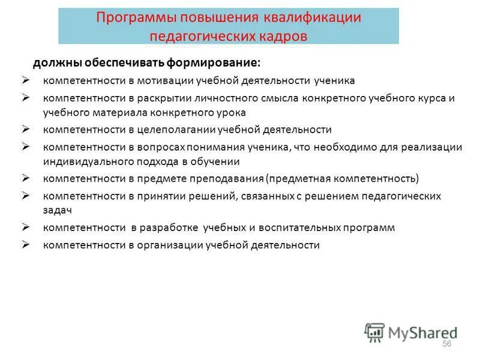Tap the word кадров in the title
click(x=280, y=35)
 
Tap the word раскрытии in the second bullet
click(x=152, y=98)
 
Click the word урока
click(x=232, y=112)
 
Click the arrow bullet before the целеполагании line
click(x=26, y=129)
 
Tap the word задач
click(x=57, y=211)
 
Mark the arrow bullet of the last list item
click(x=26, y=244)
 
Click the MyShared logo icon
click(x=375, y=332)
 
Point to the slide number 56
click(x=446, y=344)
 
